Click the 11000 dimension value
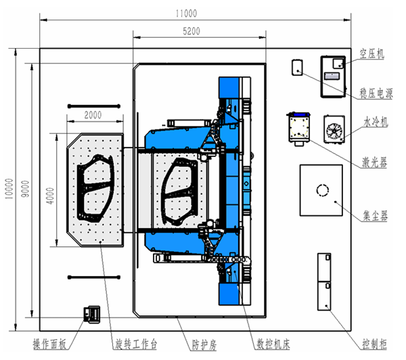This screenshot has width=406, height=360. coord(186,14)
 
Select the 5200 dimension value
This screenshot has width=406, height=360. coord(191,31)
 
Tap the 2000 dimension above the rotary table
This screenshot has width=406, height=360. coord(93,115)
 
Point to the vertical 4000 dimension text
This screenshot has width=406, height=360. coord(49,196)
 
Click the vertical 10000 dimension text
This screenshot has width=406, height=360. coord(9,189)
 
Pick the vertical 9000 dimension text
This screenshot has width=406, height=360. coord(25,189)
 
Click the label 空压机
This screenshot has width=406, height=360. coord(371,54)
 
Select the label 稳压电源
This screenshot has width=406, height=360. coord(376,93)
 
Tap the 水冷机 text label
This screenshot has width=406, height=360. coord(376,122)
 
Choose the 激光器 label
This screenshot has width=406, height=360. coord(374,162)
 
